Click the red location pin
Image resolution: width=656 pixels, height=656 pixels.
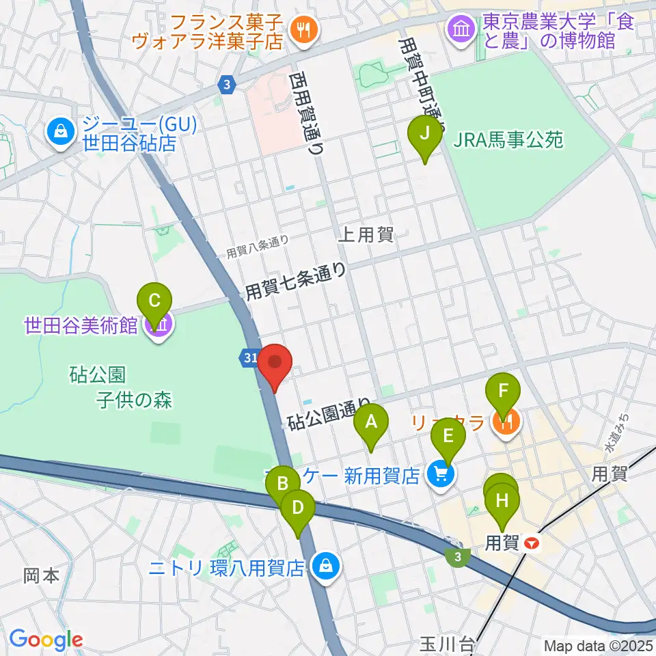274,366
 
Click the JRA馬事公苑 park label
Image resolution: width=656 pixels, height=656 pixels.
508,140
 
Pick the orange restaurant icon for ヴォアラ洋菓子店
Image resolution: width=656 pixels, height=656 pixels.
300,29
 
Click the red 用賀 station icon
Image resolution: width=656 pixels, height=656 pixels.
532,544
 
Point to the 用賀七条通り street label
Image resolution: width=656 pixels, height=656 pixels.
296,282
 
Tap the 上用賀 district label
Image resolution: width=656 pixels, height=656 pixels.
366,236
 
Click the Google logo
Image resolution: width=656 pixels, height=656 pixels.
46,640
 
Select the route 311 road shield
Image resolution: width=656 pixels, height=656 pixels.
249,357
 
